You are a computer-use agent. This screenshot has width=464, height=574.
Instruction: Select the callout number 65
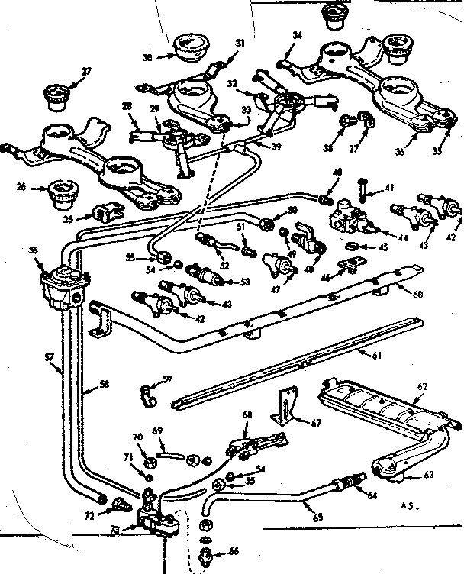tap(317, 518)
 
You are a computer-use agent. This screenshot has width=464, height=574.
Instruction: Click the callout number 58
tap(105, 385)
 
